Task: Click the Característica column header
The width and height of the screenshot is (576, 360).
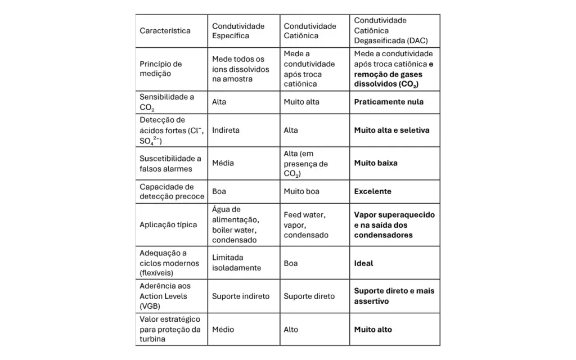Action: (x=165, y=31)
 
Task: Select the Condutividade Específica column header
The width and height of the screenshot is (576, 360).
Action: (x=238, y=31)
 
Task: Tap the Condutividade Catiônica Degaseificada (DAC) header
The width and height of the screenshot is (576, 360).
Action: (x=389, y=31)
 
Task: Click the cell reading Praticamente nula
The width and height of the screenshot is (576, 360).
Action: (x=389, y=102)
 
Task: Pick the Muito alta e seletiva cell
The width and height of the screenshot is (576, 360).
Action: (x=391, y=130)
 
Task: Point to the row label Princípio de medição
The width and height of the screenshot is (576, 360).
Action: (x=161, y=69)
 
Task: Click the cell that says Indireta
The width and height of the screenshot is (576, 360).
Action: (x=226, y=130)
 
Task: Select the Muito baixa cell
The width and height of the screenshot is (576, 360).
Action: (x=376, y=163)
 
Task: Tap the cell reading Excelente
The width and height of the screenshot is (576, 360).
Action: (x=372, y=191)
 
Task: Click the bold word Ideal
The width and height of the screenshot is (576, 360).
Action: (x=363, y=263)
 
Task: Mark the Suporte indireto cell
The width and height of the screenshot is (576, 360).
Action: (x=241, y=296)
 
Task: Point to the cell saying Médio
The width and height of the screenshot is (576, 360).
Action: (x=223, y=329)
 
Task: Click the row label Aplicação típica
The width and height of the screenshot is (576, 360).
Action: (x=168, y=224)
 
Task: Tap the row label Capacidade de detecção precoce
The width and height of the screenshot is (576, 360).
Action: (x=166, y=191)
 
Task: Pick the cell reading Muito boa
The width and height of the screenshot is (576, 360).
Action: (x=301, y=191)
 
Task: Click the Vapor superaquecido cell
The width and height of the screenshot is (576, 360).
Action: (x=394, y=224)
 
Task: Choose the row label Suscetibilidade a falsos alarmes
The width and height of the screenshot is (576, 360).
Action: (x=170, y=163)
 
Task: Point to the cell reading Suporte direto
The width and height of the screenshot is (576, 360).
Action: (x=309, y=296)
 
